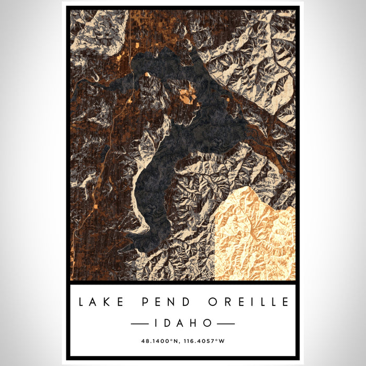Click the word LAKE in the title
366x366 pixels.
coord(102,302)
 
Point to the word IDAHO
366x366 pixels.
coord(182,323)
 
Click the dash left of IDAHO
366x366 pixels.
coord(142,324)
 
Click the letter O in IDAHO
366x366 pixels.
coord(208,323)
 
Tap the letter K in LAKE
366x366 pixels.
coord(109,302)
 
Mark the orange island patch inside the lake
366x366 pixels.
coord(187,96)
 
